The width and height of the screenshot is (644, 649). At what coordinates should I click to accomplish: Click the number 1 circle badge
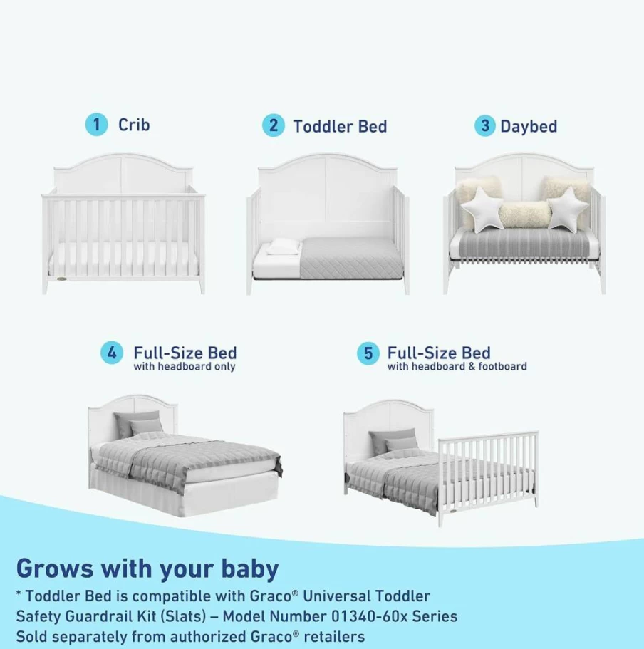[x=96, y=124]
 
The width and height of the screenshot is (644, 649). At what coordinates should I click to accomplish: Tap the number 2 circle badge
[x=273, y=125]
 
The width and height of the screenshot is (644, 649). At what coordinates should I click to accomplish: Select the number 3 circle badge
[x=485, y=126]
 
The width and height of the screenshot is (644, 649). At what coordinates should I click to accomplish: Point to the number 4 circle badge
[x=112, y=353]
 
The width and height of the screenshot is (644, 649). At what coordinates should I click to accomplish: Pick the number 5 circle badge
[x=368, y=354]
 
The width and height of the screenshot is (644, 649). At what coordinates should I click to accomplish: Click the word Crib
[x=134, y=125]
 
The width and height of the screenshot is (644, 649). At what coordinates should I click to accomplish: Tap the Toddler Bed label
[x=340, y=126]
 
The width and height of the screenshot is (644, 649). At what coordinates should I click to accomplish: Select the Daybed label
[x=529, y=126]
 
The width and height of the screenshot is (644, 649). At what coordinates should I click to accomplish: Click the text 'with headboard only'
[x=185, y=367]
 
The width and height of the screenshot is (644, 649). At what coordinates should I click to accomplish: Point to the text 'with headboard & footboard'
[x=457, y=367]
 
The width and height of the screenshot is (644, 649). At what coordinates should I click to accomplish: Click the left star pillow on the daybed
[x=482, y=209]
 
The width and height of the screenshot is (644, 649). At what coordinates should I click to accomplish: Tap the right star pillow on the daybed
[x=568, y=208]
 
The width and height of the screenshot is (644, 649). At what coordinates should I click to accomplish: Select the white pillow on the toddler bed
[x=284, y=246]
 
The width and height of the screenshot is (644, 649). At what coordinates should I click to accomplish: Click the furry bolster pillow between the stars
[x=525, y=214]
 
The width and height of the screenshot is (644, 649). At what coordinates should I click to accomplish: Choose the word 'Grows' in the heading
[x=55, y=568]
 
